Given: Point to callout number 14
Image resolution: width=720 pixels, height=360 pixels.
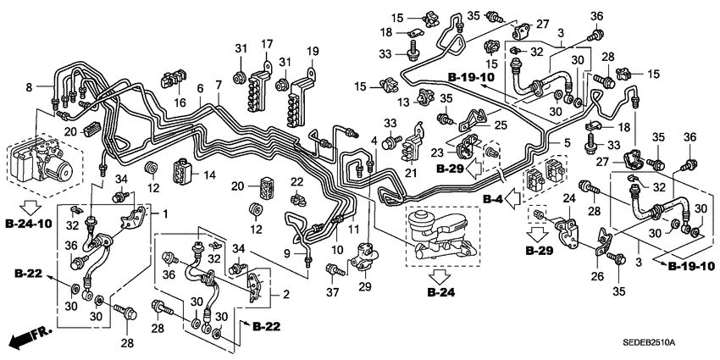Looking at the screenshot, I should (x=210, y=174).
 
